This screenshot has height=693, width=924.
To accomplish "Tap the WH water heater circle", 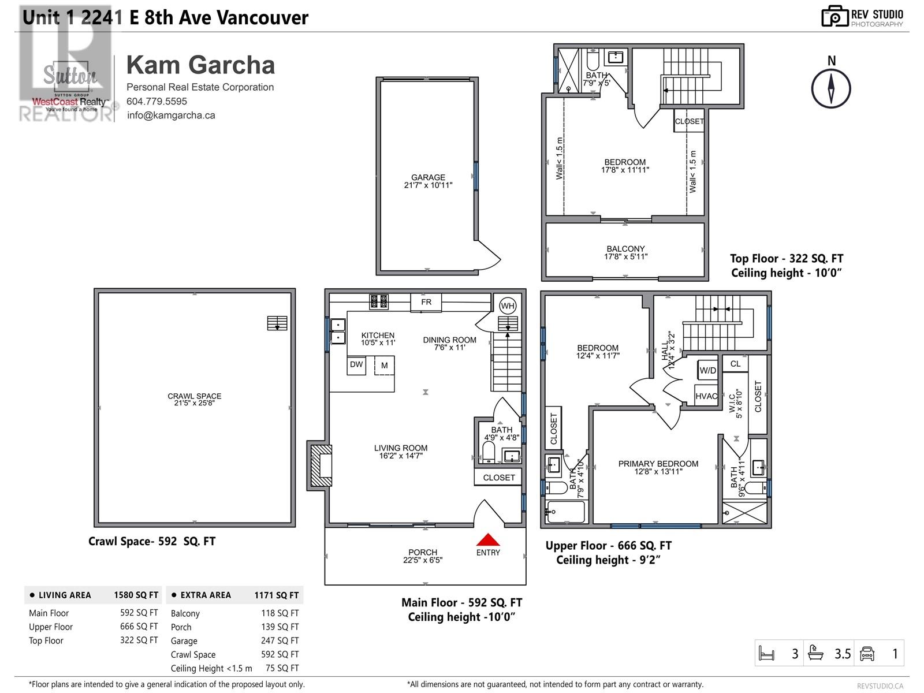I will coord(508,306).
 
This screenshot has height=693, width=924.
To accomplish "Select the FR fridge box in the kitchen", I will coord(426,302).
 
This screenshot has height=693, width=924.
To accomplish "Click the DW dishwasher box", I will coord(356,365).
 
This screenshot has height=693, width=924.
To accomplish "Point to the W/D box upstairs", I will coord(707,370).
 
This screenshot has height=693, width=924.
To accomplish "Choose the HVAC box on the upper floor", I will coord(706,396).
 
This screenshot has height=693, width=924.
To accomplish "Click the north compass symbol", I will coord(831,88).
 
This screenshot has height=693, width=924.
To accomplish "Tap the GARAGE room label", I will coord(428,178).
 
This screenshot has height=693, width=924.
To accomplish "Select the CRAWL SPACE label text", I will coord(195,396).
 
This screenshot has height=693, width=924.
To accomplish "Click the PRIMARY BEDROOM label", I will coord(658,464).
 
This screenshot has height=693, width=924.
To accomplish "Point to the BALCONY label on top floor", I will coord(625,249).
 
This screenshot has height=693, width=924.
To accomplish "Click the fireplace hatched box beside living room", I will coord(321,465).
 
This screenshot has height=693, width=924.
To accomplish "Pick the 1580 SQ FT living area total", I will coord(136,595).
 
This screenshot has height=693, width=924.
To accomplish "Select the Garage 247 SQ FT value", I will coord(280,640).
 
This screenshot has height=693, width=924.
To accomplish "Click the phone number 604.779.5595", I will coord(157,101).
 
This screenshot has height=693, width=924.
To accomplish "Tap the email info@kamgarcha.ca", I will coord(171,115).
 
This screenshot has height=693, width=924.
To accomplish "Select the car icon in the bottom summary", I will coord(867,654).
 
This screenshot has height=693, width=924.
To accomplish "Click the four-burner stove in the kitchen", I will coord(379,301).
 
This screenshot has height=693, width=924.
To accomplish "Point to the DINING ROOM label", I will coord(449,340).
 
